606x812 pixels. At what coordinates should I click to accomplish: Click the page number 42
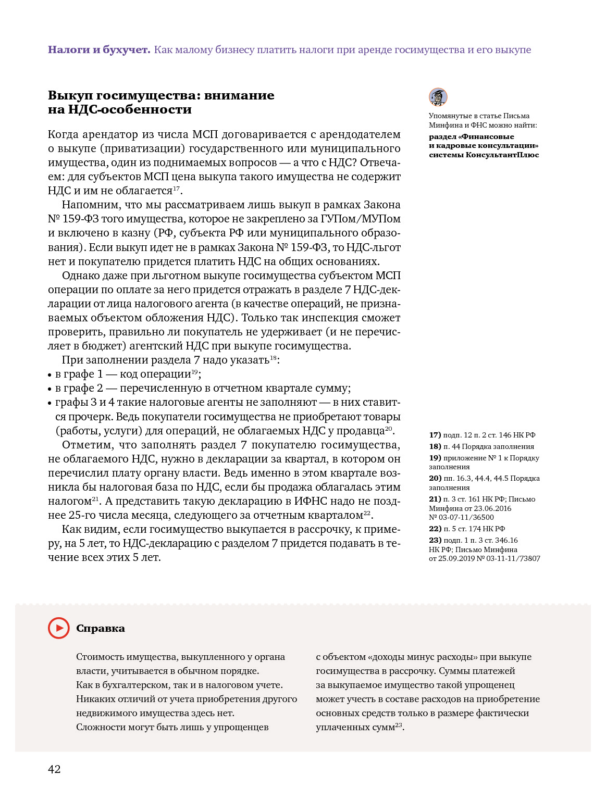[54, 769]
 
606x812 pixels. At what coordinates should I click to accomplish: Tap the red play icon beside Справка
[59, 628]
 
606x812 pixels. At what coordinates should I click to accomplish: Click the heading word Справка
[101, 629]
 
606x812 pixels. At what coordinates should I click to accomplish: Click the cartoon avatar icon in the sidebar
[438, 97]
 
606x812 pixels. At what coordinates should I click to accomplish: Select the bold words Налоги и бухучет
[99, 50]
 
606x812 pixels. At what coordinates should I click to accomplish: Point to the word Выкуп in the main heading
[70, 95]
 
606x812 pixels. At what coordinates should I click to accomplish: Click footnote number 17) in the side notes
[435, 435]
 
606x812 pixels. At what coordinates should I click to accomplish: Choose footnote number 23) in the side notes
[435, 541]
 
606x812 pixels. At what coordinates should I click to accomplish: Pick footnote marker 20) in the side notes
[435, 479]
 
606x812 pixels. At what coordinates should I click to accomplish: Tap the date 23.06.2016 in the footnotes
[492, 508]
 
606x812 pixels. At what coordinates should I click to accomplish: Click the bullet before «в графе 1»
[50, 375]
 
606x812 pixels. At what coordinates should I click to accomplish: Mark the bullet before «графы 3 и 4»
[50, 403]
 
